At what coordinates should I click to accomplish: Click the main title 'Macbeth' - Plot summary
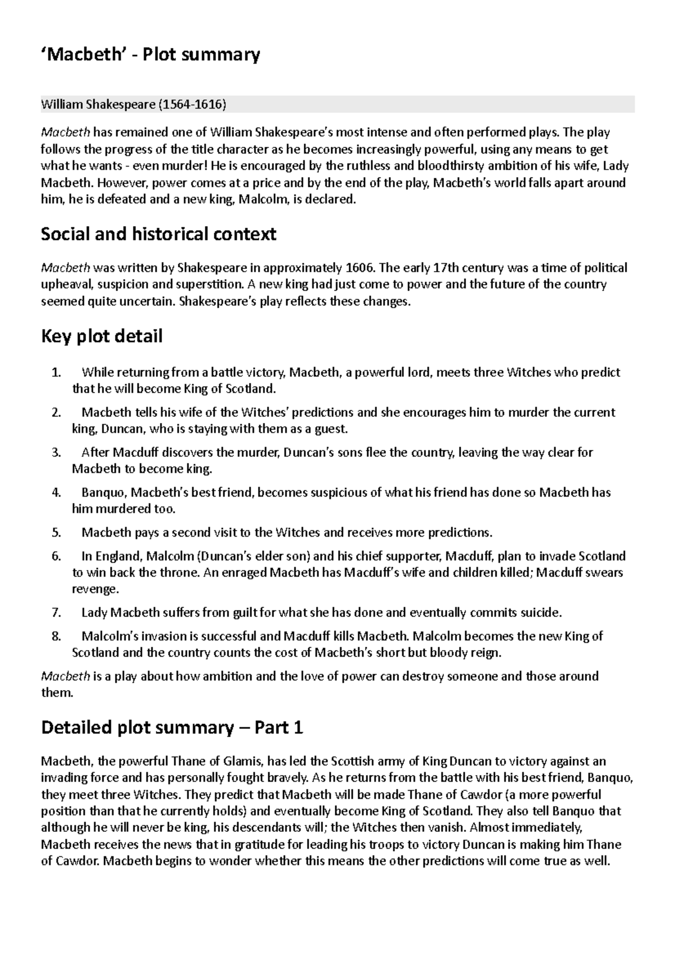point(151,55)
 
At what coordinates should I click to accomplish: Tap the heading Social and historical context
point(159,234)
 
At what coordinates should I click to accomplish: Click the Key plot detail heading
point(102,336)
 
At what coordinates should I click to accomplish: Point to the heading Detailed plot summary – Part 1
point(172,728)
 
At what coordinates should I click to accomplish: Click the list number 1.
point(55,372)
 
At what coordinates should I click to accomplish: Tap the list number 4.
point(55,493)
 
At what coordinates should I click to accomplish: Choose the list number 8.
point(55,637)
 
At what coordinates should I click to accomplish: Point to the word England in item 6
point(119,557)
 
